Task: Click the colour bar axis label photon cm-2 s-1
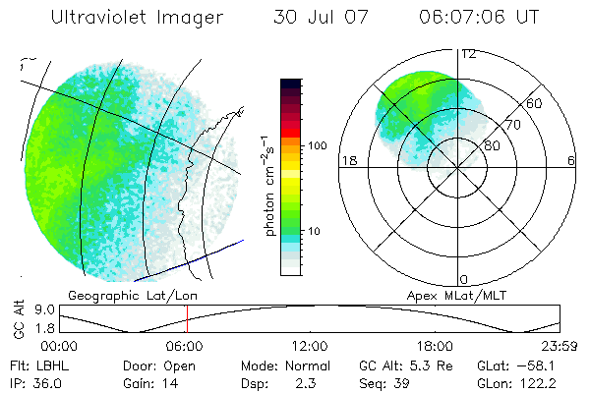(268, 184)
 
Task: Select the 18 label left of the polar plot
(347, 161)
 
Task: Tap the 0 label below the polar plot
(465, 279)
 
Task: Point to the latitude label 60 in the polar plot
(535, 103)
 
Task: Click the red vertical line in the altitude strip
(187, 319)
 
